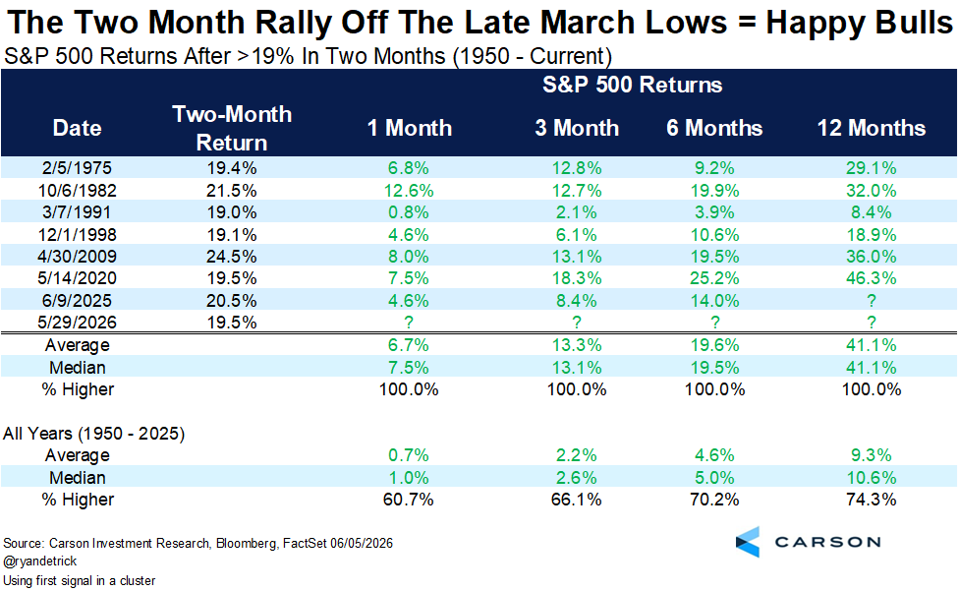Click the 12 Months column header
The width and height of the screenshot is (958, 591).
pyautogui.click(x=872, y=128)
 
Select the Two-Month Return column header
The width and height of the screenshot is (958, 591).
pyautogui.click(x=232, y=128)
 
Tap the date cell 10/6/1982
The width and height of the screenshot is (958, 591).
pyautogui.click(x=77, y=190)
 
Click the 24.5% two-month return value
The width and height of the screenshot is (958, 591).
pyautogui.click(x=232, y=256)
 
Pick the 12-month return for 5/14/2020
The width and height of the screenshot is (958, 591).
pyautogui.click(x=872, y=278)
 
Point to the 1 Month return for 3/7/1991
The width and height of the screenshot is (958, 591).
pyautogui.click(x=409, y=212)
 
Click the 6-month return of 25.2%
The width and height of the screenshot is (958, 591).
pyautogui.click(x=715, y=278)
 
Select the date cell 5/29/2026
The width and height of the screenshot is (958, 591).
pyautogui.click(x=77, y=323)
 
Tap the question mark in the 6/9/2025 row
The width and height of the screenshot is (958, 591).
pyautogui.click(x=872, y=301)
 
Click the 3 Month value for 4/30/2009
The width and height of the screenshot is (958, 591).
pyautogui.click(x=577, y=256)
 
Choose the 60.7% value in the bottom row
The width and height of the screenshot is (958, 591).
pyautogui.click(x=409, y=500)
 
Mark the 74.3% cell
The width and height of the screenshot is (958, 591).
pyautogui.click(x=872, y=500)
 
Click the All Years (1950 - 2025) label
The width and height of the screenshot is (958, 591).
pyautogui.click(x=94, y=434)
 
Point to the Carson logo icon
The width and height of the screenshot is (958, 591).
pyautogui.click(x=748, y=542)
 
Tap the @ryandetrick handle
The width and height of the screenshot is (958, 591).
pyautogui.click(x=40, y=561)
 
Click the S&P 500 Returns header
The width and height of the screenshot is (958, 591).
pyautogui.click(x=633, y=85)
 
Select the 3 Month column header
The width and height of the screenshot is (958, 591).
pyautogui.click(x=577, y=128)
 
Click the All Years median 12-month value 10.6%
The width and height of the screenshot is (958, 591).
pyautogui.click(x=872, y=477)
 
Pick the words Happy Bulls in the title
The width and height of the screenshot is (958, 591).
pyautogui.click(x=859, y=22)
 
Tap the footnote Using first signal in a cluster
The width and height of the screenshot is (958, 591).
pyautogui.click(x=80, y=580)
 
